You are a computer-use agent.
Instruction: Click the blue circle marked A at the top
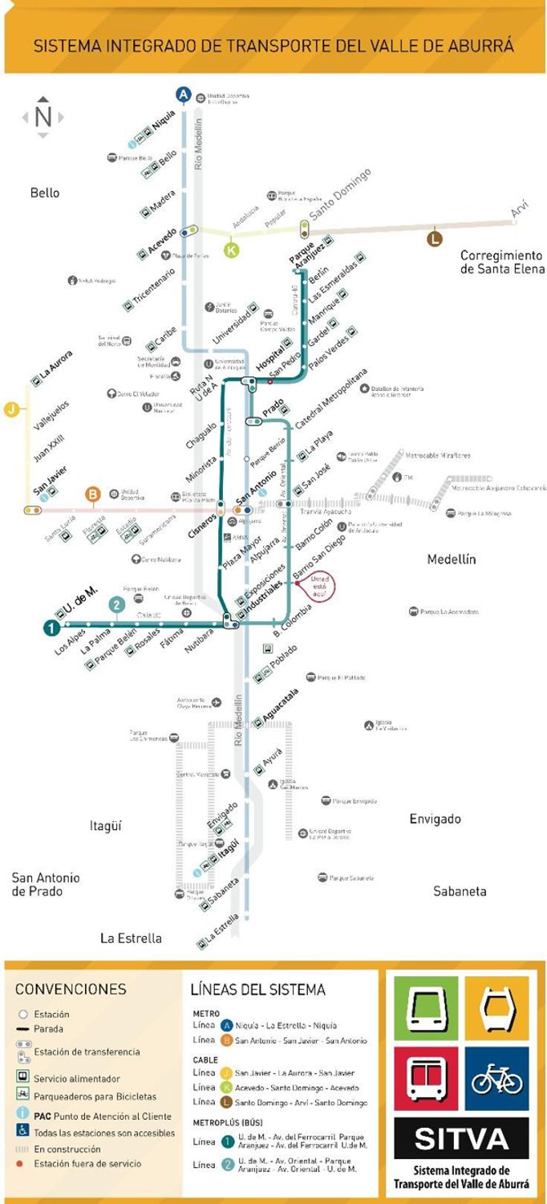[x=184, y=95]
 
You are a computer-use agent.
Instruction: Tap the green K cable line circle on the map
[x=232, y=250]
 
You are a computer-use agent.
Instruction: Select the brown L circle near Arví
[x=435, y=238]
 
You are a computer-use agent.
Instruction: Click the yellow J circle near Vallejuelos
[x=11, y=409]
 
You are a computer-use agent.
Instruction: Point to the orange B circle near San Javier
[x=93, y=494]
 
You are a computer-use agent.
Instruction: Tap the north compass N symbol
[x=43, y=117]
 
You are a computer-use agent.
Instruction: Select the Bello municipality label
[x=45, y=193]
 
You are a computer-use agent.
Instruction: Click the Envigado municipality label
[x=435, y=819]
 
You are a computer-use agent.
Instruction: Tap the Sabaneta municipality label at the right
[x=460, y=891]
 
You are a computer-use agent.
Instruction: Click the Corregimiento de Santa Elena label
[x=502, y=262]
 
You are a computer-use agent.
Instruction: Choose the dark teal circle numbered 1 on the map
[x=51, y=628]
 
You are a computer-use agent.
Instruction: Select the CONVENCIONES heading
[x=71, y=989]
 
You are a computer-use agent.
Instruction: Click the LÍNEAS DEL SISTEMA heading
[x=257, y=989]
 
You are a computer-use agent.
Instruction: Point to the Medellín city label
[x=452, y=559]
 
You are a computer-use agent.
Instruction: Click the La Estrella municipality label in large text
[x=131, y=938]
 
